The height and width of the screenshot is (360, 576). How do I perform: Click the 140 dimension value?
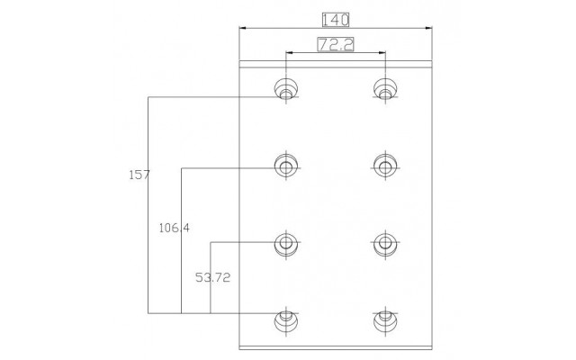336,20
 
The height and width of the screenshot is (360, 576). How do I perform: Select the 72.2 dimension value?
336,44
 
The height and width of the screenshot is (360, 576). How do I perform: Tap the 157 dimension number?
139,175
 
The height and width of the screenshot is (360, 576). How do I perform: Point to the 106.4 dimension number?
174,228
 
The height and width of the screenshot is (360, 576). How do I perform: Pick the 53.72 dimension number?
212,277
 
